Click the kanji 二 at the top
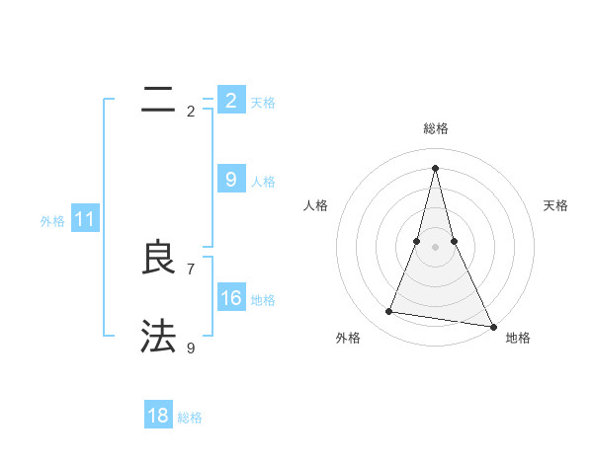[159, 99]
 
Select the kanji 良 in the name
[159, 258]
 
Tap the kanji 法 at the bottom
[159, 336]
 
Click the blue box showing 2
[230, 101]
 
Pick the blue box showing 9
[230, 179]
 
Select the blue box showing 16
[230, 298]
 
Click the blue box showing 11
[84, 220]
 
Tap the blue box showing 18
[158, 416]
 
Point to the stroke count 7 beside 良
[191, 269]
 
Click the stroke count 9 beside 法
[191, 348]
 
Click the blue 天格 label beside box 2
[263, 103]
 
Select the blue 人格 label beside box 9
[263, 182]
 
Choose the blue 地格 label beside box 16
[263, 300]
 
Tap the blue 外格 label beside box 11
[52, 222]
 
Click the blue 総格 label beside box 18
[190, 418]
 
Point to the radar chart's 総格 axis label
[436, 128]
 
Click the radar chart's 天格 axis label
[556, 205]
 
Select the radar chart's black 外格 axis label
[348, 338]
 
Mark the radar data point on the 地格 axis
[493, 326]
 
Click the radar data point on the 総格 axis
[436, 167]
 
